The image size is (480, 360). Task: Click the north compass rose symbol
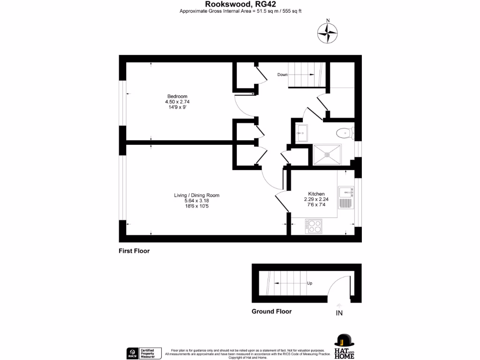click(x=328, y=33)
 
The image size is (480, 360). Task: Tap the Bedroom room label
click(x=177, y=97)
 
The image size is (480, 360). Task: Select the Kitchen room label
click(x=316, y=194)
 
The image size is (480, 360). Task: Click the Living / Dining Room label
click(x=197, y=195)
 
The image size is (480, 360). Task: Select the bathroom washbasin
click(x=301, y=133)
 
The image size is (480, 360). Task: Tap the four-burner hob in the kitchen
click(x=314, y=226)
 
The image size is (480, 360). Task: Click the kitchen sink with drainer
click(x=345, y=197)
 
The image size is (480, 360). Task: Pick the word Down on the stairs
click(x=282, y=75)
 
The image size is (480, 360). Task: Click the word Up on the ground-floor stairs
click(x=310, y=283)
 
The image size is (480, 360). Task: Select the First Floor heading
click(x=134, y=251)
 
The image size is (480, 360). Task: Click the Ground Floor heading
click(x=271, y=311)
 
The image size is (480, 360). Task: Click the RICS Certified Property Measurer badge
click(x=144, y=353)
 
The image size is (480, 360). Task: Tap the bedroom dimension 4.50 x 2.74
click(x=177, y=102)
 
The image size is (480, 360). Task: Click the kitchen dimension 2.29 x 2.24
click(x=316, y=199)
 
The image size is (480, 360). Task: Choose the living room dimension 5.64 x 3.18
click(x=197, y=201)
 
